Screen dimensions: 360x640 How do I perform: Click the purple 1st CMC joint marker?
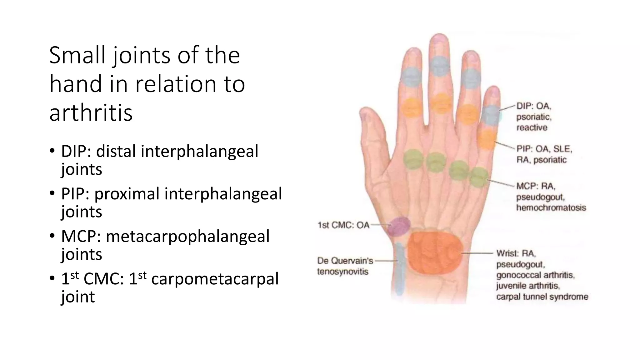399,226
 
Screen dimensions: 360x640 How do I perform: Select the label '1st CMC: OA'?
343,225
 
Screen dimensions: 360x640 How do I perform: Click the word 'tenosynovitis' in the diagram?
342,272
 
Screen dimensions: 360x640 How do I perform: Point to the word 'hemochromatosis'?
551,207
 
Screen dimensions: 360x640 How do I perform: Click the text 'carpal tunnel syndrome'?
542,297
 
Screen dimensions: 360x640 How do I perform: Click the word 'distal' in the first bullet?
116,151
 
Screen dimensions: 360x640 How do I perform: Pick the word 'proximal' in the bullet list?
127,193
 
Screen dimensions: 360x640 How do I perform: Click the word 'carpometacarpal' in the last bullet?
215,278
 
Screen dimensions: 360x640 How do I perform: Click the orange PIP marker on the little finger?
487,139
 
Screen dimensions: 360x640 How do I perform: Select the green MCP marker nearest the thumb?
413,159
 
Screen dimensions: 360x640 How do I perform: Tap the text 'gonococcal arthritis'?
535,275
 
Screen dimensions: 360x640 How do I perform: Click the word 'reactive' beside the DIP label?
532,127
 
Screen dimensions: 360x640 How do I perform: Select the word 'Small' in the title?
77,55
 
